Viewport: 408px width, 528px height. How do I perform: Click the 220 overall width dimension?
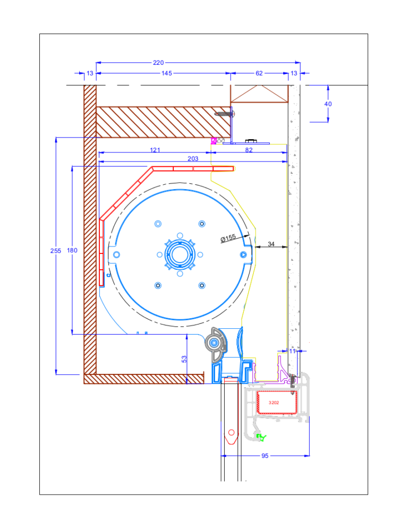(158, 63)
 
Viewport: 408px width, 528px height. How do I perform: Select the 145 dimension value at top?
(167, 73)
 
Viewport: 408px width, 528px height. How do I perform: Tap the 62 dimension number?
(259, 73)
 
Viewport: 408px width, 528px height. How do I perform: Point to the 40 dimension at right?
(328, 104)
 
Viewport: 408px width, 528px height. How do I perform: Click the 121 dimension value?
(155, 150)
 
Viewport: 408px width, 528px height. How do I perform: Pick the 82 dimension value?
(249, 150)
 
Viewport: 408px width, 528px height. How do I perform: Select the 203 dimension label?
(193, 159)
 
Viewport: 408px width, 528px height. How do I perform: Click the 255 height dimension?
(56, 251)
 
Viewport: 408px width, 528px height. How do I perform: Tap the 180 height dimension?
(72, 250)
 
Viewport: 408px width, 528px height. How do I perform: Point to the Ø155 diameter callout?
(228, 238)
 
